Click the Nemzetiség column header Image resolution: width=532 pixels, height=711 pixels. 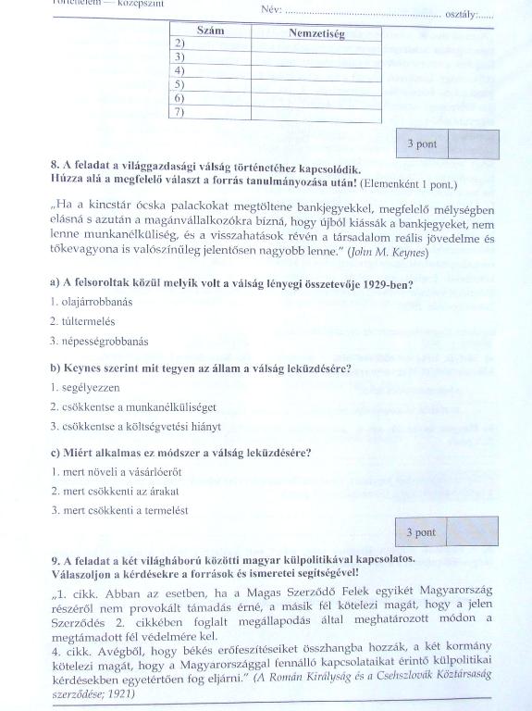(x=316, y=33)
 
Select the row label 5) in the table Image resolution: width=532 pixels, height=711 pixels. (x=179, y=84)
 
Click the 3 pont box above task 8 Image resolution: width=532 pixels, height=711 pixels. (x=421, y=144)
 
